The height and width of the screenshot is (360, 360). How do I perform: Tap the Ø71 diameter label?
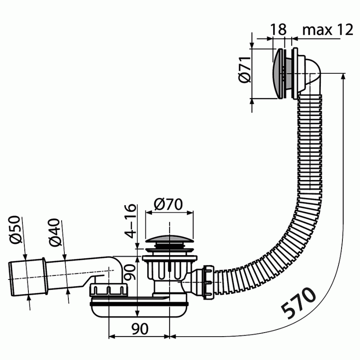244,69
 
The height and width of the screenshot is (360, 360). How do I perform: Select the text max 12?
328,30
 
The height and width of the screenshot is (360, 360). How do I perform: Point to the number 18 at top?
279,29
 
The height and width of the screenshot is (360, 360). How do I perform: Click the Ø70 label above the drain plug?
168,204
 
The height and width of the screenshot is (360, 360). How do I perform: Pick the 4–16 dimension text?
130,221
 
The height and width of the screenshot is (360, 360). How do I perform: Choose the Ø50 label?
15,230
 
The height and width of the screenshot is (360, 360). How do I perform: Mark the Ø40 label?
54,232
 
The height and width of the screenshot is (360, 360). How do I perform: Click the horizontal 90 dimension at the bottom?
140,328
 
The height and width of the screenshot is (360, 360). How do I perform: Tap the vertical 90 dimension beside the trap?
129,272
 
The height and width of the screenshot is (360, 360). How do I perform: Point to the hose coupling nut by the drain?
208,282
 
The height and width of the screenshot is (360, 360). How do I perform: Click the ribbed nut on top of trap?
108,289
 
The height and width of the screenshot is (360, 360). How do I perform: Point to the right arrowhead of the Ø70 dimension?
190,212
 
